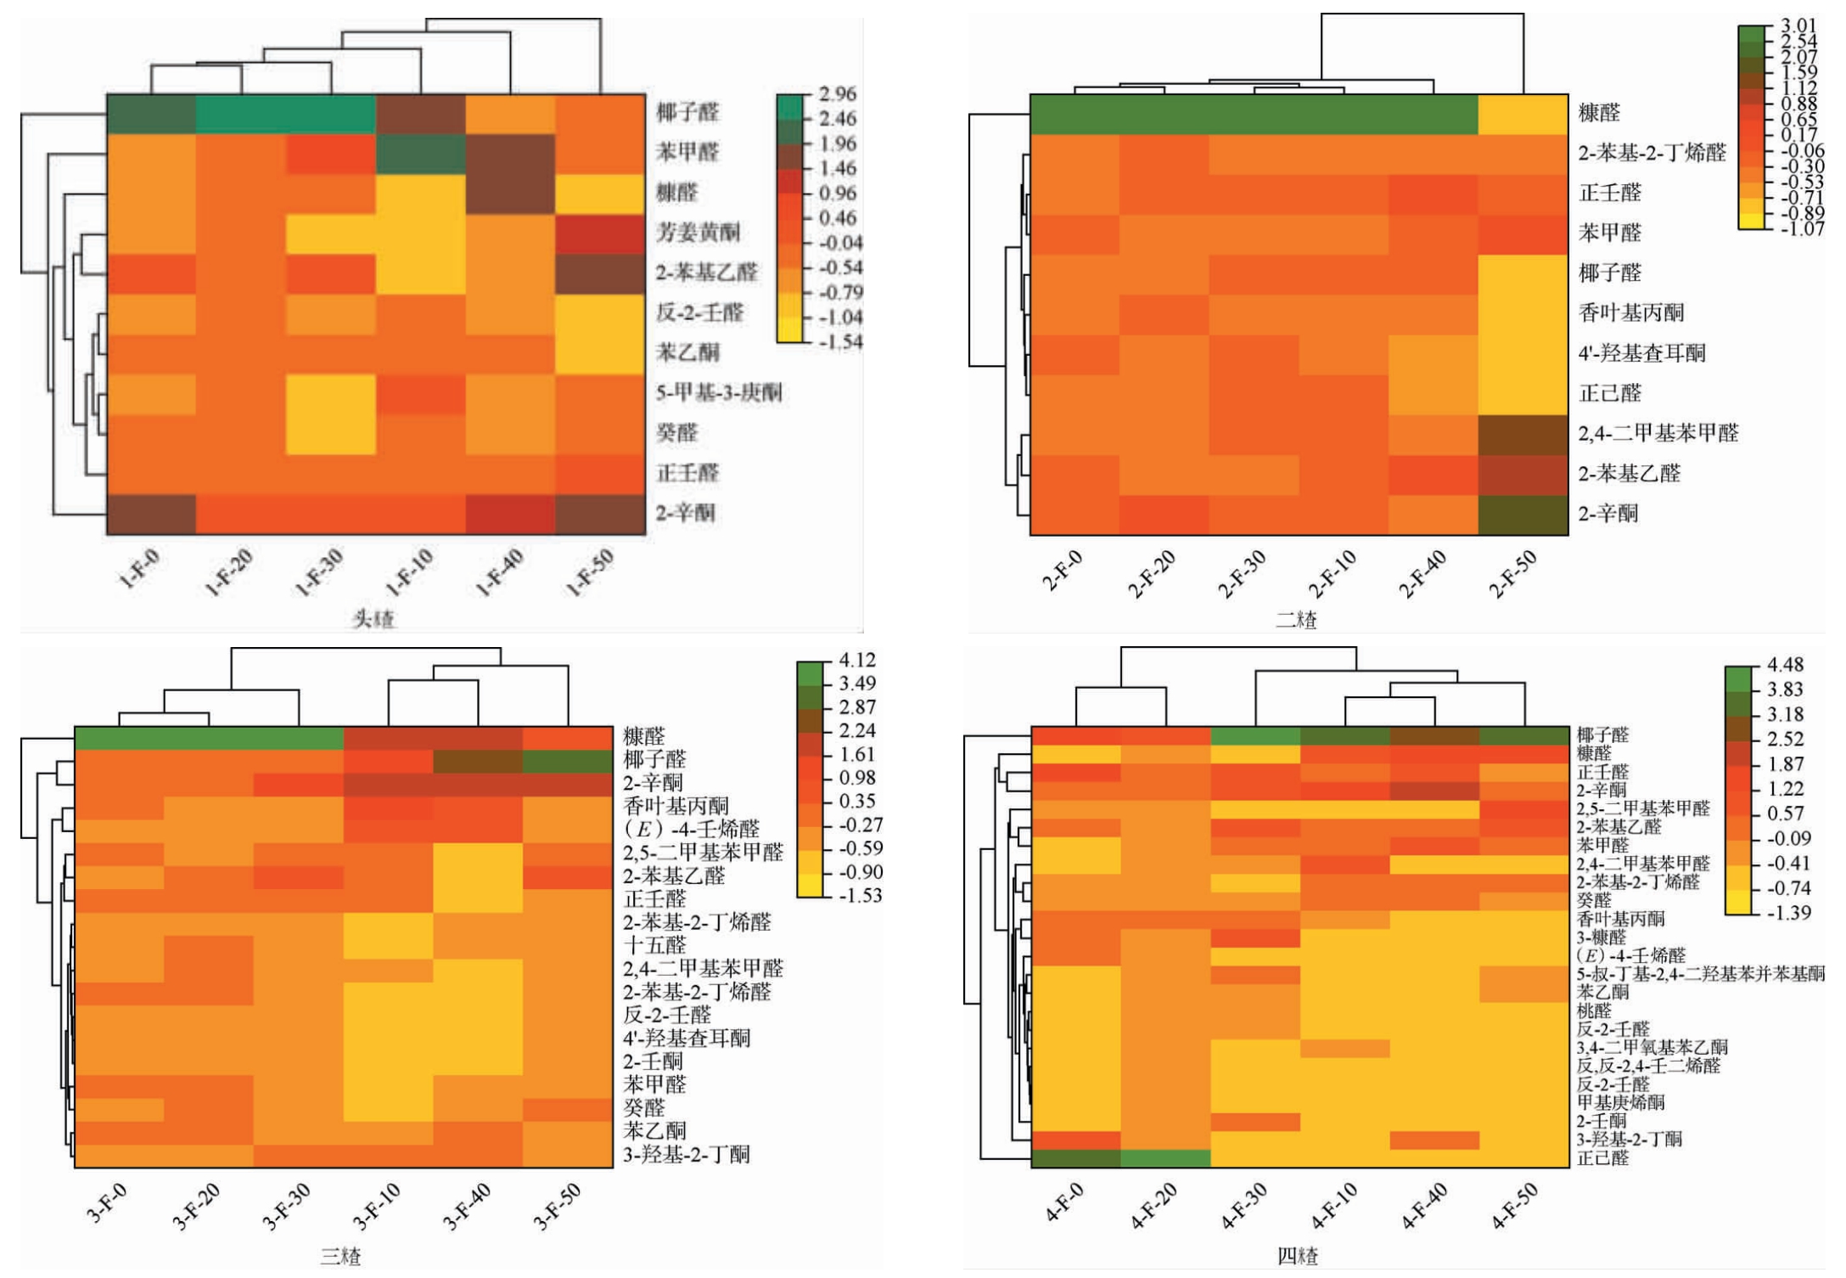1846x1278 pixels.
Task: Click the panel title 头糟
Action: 373,619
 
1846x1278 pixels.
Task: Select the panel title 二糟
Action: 1296,619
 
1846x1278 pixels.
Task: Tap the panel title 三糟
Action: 340,1256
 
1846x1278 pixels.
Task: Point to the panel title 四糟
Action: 1298,1256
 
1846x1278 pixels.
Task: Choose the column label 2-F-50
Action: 1514,573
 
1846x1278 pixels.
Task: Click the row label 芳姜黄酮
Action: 698,232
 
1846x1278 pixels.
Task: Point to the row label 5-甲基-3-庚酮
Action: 718,392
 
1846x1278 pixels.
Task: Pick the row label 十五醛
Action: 654,945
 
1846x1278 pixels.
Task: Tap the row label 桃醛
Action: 1594,1011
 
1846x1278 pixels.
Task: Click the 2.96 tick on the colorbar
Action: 838,93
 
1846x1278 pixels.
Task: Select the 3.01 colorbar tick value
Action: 1798,26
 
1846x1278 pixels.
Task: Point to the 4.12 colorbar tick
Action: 857,660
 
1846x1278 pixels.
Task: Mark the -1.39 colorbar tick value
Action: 1787,913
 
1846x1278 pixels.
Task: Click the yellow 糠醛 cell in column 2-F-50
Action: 1523,114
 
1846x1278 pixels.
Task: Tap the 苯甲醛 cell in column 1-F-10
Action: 420,154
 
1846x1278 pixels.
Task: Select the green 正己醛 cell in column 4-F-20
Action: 1165,1158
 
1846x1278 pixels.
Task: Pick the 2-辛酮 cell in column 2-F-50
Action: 1523,515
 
